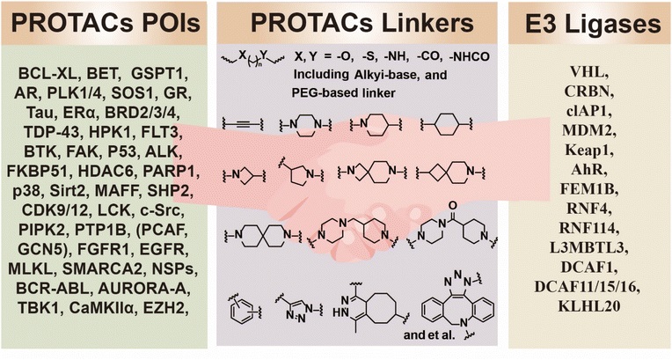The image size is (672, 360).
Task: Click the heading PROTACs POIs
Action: [x=106, y=23]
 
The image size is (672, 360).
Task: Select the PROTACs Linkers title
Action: [x=362, y=23]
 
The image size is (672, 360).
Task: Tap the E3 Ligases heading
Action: [x=593, y=24]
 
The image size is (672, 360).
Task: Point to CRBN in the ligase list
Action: [x=589, y=92]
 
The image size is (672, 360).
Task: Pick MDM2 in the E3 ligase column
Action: [x=589, y=130]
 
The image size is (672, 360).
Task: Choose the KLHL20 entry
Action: [x=589, y=306]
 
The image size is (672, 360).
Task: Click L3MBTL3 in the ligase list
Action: [x=589, y=247]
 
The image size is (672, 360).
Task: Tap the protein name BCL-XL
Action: [x=47, y=73]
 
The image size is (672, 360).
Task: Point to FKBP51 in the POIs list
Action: [x=38, y=172]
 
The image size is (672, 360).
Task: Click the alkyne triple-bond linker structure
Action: [x=243, y=124]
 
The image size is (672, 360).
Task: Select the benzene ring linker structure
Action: [x=241, y=310]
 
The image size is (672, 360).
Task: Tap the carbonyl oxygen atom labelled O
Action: [x=453, y=206]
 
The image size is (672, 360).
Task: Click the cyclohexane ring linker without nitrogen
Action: [x=447, y=125]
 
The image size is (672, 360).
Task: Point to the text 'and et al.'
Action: [x=428, y=334]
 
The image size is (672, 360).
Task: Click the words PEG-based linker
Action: [x=344, y=92]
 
